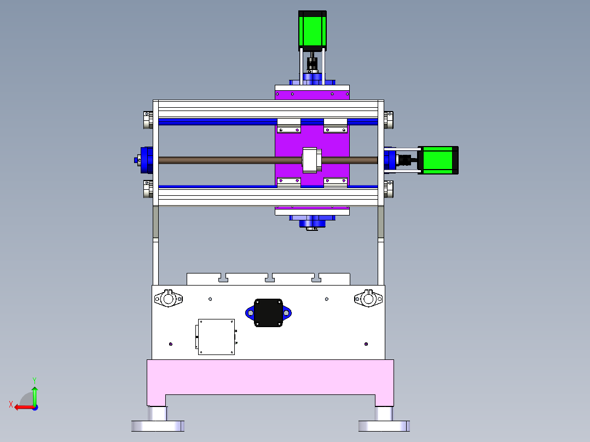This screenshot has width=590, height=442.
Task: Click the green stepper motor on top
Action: [312, 31]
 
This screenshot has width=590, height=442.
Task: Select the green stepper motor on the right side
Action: [438, 160]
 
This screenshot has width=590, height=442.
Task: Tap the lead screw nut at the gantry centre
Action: [311, 160]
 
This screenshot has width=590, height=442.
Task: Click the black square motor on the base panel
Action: [268, 313]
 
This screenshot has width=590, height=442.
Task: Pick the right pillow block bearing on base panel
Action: [368, 299]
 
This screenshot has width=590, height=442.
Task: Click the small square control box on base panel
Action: [216, 337]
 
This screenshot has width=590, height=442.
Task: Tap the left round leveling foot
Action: [158, 424]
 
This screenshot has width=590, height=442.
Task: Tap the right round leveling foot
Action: [384, 424]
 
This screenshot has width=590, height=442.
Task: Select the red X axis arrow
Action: [22, 407]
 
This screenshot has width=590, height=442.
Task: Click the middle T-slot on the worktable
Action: [269, 279]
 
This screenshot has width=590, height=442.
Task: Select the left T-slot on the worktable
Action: [223, 279]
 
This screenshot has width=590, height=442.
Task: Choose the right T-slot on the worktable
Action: [316, 279]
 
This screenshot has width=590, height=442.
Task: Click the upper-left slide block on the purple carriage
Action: [289, 129]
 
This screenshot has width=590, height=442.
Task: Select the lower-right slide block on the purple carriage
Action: [336, 181]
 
